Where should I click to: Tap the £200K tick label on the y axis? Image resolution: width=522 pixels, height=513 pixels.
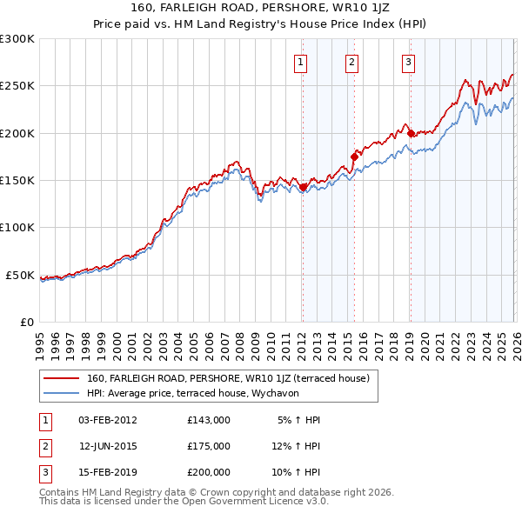tap(17, 134)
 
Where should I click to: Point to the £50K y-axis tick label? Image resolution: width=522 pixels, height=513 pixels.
tap(21, 276)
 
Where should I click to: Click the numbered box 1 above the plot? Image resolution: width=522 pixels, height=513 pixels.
tap(300, 62)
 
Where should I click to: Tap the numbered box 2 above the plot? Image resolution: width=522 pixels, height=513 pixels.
tap(351, 62)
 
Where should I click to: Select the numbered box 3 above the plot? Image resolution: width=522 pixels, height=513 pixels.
tap(408, 62)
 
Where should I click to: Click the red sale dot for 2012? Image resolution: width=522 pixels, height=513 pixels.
tap(303, 187)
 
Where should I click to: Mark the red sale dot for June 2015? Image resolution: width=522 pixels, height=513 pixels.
tap(354, 157)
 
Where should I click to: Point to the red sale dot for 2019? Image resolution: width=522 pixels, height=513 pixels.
tap(411, 133)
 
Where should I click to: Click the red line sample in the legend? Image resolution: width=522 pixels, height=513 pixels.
tap(62, 378)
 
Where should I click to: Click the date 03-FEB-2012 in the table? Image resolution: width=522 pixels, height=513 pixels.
tap(107, 420)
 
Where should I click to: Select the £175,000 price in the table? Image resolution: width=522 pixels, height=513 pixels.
tap(208, 446)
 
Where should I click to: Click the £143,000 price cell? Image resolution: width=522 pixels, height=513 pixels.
tap(208, 420)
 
